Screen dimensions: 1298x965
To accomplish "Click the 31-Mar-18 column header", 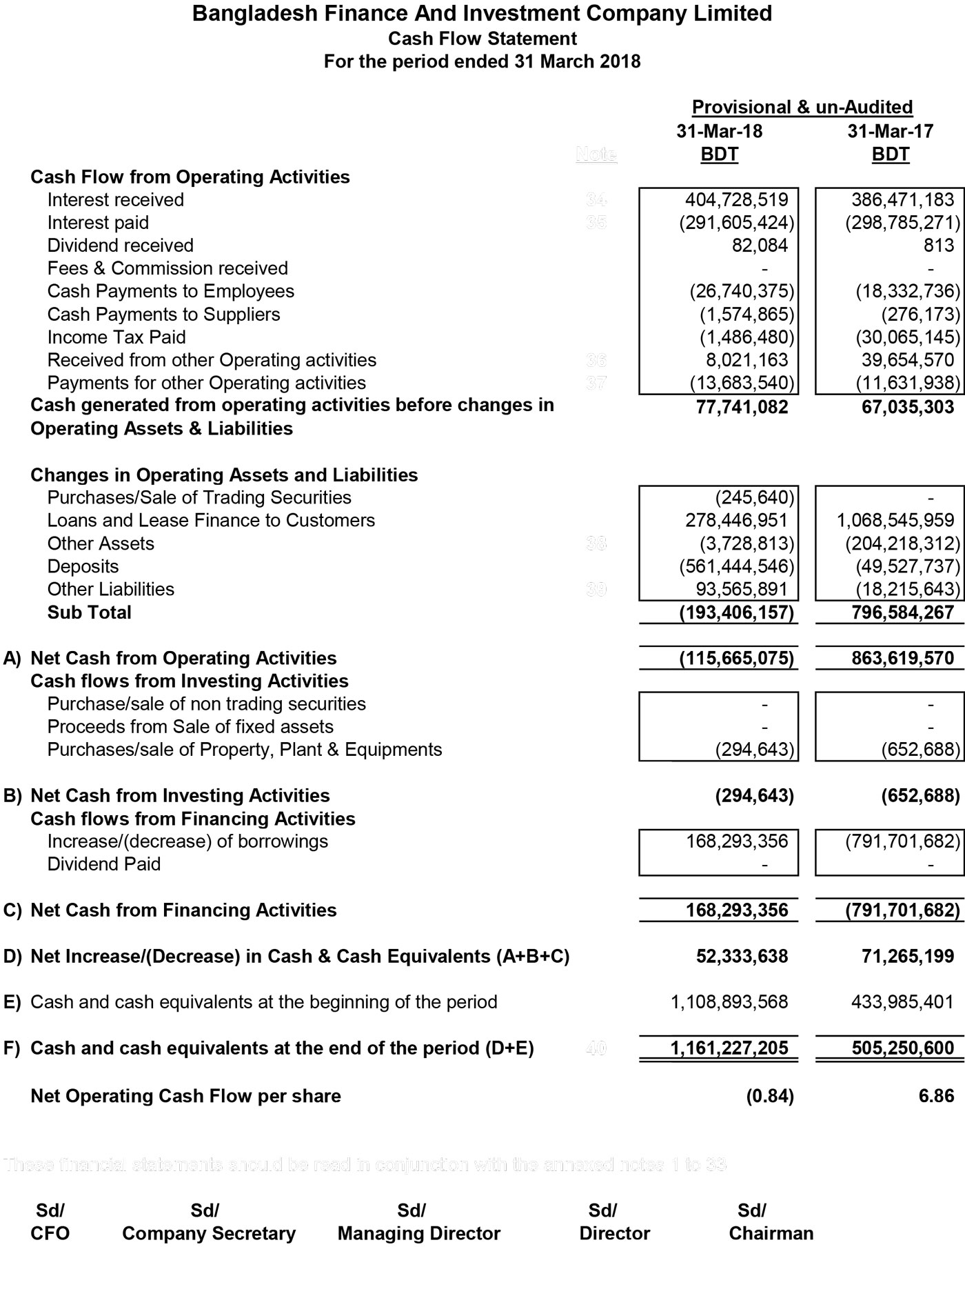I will pos(719,131).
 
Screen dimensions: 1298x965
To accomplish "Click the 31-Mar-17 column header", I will pos(890,131).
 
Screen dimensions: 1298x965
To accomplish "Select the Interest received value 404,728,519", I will pos(736,200).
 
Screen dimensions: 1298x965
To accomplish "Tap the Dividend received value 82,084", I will pos(760,246).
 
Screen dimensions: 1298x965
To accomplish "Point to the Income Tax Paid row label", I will pos(116,337).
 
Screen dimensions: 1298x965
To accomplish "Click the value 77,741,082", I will pos(742,407).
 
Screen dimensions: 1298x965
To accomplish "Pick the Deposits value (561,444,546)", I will pos(736,567).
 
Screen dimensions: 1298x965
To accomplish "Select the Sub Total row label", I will pos(89,612).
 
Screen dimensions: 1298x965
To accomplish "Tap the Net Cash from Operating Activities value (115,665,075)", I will pos(736,659).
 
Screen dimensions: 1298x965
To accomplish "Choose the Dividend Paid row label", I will pos(103,864).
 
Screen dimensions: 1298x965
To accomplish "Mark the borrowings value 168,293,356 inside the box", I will pos(736,841).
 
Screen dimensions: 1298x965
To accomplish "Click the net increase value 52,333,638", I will pos(742,957).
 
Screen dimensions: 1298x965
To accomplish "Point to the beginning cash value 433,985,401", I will pos(902,1002).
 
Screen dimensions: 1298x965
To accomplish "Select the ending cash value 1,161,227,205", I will pos(729,1048).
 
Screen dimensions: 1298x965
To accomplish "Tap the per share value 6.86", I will pos(936,1096).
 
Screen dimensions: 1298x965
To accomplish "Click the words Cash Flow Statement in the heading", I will pos(482,39).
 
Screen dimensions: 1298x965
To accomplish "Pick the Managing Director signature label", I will pos(418,1233).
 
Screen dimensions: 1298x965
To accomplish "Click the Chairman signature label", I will pos(771,1233).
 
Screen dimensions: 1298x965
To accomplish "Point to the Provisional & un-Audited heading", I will pos(802,108).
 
